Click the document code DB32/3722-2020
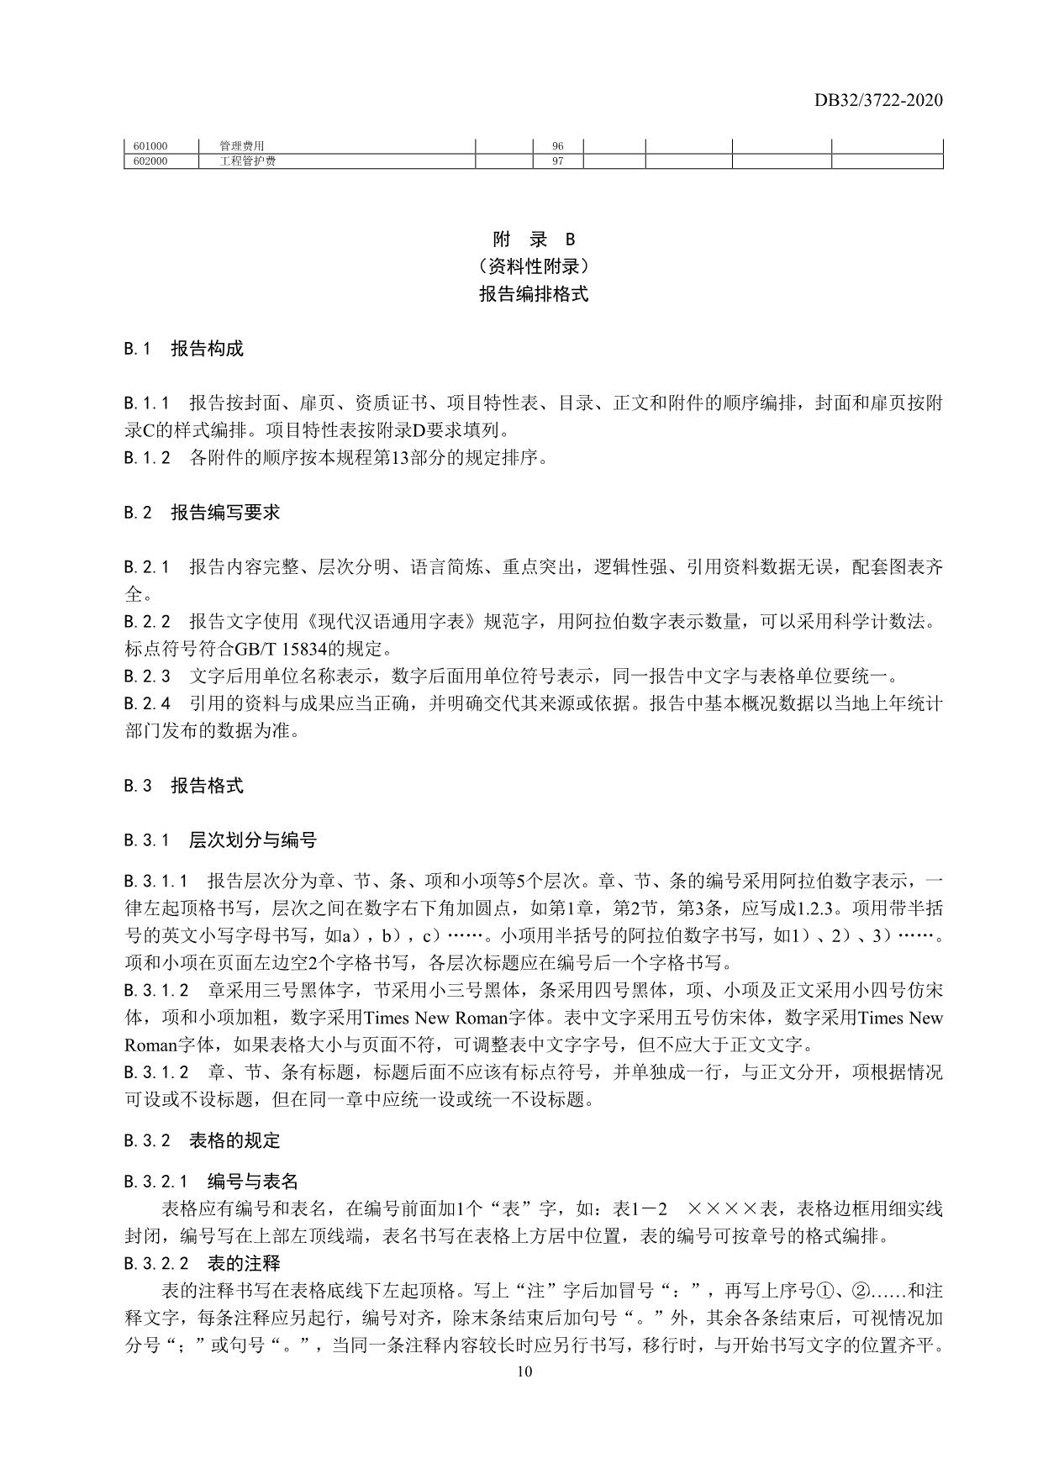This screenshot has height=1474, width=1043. coord(877,101)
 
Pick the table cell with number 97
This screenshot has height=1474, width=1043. coord(557,161)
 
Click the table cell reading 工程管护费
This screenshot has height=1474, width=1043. coord(247,161)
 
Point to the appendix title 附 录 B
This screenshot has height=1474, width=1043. coord(534,240)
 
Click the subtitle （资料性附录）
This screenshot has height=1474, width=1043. coord(534,267)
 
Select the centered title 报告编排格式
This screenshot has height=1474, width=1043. coord(534,294)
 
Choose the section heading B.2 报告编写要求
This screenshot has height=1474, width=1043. coord(202,513)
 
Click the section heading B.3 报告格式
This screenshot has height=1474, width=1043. coord(184,787)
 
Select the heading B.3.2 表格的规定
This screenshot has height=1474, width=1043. coord(202,1141)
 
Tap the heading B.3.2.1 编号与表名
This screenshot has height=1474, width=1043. coord(211,1182)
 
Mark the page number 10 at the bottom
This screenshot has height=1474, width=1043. coord(525,1372)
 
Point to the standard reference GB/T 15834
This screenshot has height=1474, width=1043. coord(255,649)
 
